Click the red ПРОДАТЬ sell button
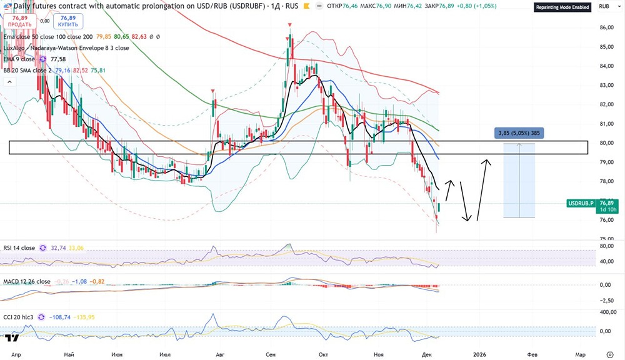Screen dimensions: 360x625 [x=20, y=21]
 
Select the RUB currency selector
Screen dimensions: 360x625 [x=604, y=7]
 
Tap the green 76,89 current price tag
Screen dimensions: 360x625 [x=607, y=202]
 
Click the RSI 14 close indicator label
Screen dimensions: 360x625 [x=19, y=248]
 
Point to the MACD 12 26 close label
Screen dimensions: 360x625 [x=26, y=281]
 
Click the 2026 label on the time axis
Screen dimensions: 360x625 [x=480, y=354]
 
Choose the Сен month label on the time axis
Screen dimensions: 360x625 [x=271, y=354]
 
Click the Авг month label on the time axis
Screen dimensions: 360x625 [x=219, y=354]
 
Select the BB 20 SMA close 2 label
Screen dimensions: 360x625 [x=27, y=71]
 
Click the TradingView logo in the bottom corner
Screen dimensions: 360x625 [x=11, y=339]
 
